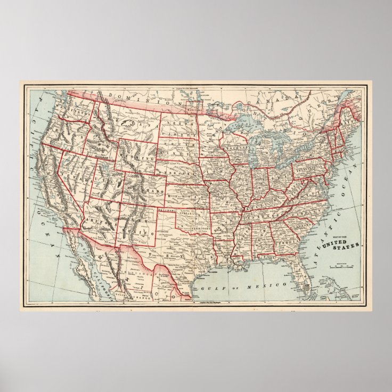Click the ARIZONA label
tap(97, 219)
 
